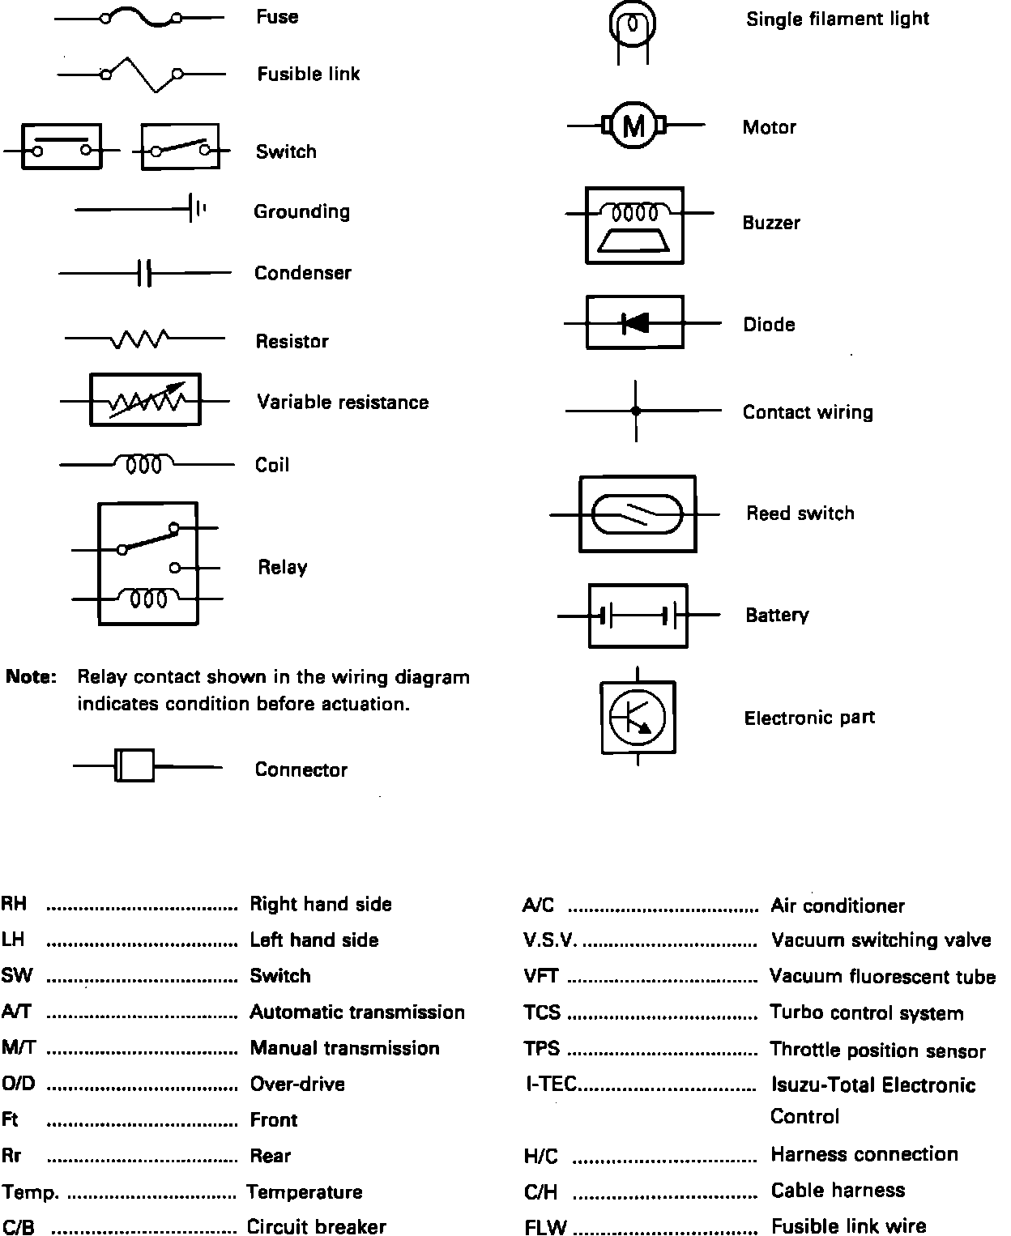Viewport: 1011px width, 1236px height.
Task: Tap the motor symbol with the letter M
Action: point(634,126)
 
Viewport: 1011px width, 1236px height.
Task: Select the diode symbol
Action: point(635,323)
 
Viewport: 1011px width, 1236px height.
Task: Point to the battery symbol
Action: point(638,616)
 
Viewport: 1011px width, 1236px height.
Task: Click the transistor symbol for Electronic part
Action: point(638,717)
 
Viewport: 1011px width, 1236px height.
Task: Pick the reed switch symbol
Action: point(638,514)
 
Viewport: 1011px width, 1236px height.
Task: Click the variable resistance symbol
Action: point(145,400)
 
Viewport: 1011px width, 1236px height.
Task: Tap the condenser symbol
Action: point(144,273)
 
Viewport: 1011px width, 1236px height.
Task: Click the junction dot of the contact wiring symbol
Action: point(636,411)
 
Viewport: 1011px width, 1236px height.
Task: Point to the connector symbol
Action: point(134,765)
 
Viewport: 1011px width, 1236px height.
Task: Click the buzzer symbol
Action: point(634,224)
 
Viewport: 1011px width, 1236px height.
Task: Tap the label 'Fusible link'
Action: point(308,75)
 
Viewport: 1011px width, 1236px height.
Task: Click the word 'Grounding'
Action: point(301,211)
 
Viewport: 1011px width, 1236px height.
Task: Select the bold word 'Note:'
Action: point(32,677)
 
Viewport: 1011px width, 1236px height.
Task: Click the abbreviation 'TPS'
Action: point(541,1049)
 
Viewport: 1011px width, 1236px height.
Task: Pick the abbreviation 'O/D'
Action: point(19,1084)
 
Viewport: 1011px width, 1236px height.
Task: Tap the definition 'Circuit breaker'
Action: point(316,1227)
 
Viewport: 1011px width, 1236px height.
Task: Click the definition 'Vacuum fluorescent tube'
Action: point(882,977)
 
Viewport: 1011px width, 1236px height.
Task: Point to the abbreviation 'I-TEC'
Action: point(550,1085)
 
